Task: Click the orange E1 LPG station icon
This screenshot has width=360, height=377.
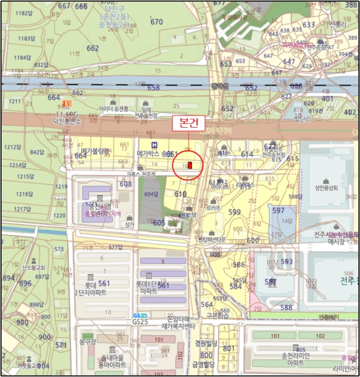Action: coord(67,104)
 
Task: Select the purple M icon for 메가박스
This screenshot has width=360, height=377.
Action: coord(155,145)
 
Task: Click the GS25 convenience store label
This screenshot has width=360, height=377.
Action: coord(140,322)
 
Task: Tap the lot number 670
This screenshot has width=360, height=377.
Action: coord(156,22)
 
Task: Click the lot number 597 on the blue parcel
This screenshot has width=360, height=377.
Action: coord(278,211)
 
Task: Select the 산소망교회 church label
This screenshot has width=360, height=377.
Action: coord(36,267)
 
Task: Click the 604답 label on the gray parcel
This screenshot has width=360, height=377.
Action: coord(153,194)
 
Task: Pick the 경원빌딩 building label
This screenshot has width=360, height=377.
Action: coord(205,343)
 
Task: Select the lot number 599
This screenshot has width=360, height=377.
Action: coord(234,212)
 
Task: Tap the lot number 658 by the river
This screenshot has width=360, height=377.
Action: coord(154,87)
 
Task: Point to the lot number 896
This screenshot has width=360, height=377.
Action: coord(25,283)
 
